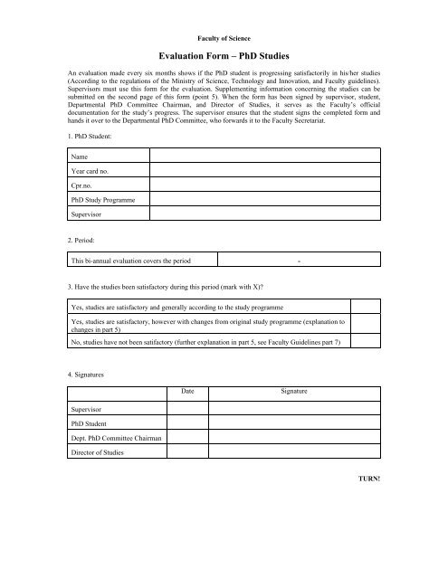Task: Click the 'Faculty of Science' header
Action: pos(224,39)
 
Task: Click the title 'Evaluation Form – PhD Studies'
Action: pos(224,56)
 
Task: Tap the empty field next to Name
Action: pos(267,155)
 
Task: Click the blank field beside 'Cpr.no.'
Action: pos(267,185)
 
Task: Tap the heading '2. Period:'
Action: pos(84,243)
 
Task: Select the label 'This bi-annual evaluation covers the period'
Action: pos(131,261)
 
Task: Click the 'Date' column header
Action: pos(187,391)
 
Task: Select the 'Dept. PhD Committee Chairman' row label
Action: pos(115,438)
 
